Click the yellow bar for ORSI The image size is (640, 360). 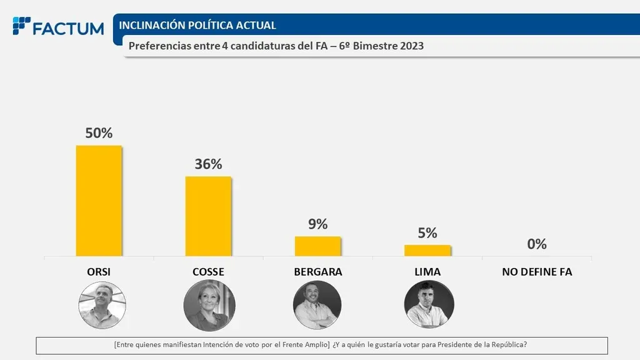[99, 201]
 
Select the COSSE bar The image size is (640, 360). [208, 216]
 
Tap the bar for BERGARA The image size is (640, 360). [317, 246]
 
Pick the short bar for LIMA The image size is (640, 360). [427, 250]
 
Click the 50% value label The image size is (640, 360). [99, 133]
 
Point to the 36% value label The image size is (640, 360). [208, 164]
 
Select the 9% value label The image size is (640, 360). [317, 224]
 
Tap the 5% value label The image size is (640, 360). [427, 232]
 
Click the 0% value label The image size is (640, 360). [536, 244]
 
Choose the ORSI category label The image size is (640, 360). [99, 272]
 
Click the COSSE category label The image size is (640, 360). [208, 272]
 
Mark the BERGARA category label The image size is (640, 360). [317, 272]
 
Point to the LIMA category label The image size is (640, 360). [427, 272]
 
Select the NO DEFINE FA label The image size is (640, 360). [537, 272]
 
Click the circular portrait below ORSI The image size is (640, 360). [102, 305]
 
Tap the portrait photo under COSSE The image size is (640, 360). [209, 305]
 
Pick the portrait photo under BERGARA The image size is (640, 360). [317, 305]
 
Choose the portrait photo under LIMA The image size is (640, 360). [429, 305]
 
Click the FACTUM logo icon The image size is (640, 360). [21, 26]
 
